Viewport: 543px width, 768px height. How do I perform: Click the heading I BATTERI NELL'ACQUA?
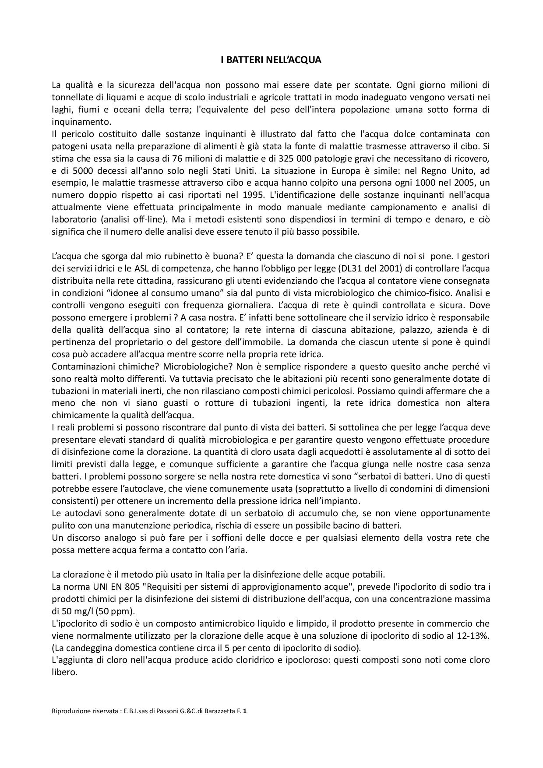(271, 60)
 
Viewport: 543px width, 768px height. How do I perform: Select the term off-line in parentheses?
(135, 219)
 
